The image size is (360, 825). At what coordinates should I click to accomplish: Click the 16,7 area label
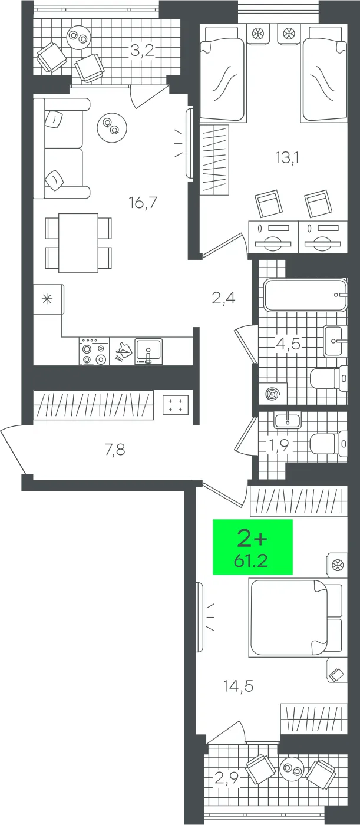(x=143, y=202)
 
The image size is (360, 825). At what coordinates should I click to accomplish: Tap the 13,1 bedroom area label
(x=287, y=158)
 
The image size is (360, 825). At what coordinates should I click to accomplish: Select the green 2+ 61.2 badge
(x=253, y=547)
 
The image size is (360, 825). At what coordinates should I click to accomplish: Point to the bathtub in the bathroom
(x=306, y=295)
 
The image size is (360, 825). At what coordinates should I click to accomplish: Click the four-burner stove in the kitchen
(x=94, y=352)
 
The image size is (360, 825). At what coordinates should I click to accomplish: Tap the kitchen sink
(x=148, y=351)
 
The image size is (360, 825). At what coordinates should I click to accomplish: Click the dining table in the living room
(x=78, y=243)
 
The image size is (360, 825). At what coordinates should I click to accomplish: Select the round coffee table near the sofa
(x=112, y=128)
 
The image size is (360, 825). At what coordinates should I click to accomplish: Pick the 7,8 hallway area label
(x=115, y=449)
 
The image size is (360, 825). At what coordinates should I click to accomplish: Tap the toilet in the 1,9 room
(x=328, y=444)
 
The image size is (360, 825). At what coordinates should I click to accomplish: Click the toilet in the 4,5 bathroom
(x=328, y=378)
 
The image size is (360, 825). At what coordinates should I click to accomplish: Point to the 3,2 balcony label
(x=142, y=51)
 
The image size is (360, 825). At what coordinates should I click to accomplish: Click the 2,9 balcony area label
(x=226, y=778)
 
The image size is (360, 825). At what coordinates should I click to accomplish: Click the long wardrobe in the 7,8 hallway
(x=94, y=405)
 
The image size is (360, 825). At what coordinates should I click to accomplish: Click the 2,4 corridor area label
(x=223, y=298)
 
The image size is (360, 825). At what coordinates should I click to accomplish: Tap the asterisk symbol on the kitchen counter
(x=47, y=299)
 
